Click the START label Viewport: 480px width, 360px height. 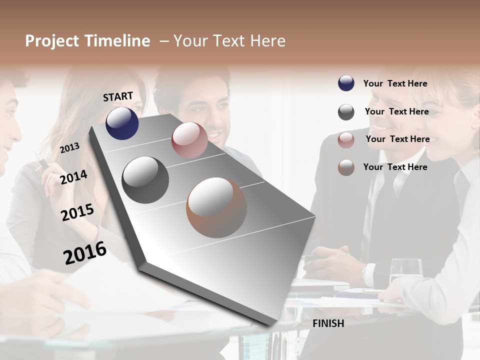coord(118,96)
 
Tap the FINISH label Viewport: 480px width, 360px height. coord(328,323)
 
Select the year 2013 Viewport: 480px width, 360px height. coord(69,148)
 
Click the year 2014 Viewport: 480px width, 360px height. coord(73,177)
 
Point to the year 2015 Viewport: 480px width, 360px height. coord(77,212)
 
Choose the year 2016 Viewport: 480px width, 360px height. coord(85,252)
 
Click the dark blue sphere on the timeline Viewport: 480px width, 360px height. coord(122,123)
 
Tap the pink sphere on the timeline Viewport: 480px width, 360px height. coord(189,140)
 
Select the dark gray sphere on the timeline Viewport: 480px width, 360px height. coord(145,179)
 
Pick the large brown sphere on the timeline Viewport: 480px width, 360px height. coord(216,207)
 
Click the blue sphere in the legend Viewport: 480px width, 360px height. coord(346,83)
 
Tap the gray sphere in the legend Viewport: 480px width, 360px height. coord(346,112)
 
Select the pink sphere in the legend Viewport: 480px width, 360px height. coord(346,140)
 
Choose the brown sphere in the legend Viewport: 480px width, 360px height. coord(346,167)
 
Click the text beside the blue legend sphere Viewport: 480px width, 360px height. coord(395,83)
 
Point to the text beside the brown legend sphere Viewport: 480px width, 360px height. coord(395,167)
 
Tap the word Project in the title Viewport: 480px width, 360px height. coord(52,41)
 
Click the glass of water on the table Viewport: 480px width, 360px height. coord(405,272)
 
